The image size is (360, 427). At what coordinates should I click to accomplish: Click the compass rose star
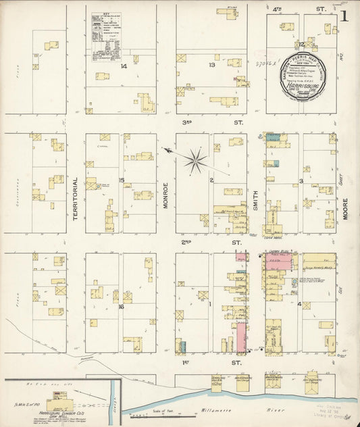tap(195, 160)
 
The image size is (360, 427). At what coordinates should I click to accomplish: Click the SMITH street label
tap(256, 200)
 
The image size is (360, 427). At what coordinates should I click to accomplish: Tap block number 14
tap(123, 66)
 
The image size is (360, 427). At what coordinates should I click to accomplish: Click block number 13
tap(211, 65)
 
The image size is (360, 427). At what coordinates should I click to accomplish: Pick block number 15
tap(122, 180)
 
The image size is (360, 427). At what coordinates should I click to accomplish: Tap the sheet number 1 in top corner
tap(344, 15)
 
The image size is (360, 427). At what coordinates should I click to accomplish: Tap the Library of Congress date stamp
tap(336, 413)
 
